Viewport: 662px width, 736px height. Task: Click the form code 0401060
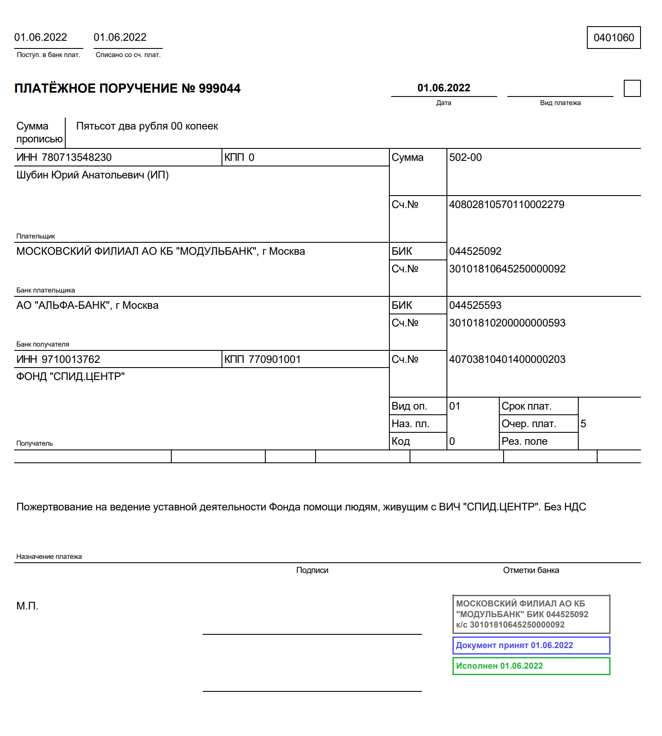point(613,38)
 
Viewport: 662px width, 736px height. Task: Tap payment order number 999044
point(219,88)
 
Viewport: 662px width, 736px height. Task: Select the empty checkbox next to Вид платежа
point(632,88)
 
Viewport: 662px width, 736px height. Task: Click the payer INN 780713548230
point(76,157)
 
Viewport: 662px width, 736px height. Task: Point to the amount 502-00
point(465,157)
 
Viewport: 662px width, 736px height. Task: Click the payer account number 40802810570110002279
point(507,205)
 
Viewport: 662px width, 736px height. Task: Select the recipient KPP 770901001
point(274,359)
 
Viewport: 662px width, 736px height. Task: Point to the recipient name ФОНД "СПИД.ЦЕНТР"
point(70,377)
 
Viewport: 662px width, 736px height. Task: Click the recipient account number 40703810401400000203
point(507,359)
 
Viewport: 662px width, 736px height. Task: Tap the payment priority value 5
point(583,424)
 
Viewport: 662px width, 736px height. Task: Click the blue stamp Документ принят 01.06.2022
point(514,646)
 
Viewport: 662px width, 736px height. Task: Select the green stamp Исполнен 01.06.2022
point(499,666)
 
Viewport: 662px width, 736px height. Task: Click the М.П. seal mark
point(27,606)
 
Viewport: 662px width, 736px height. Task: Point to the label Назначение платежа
point(49,557)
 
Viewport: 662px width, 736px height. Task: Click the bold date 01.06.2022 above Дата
point(444,88)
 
